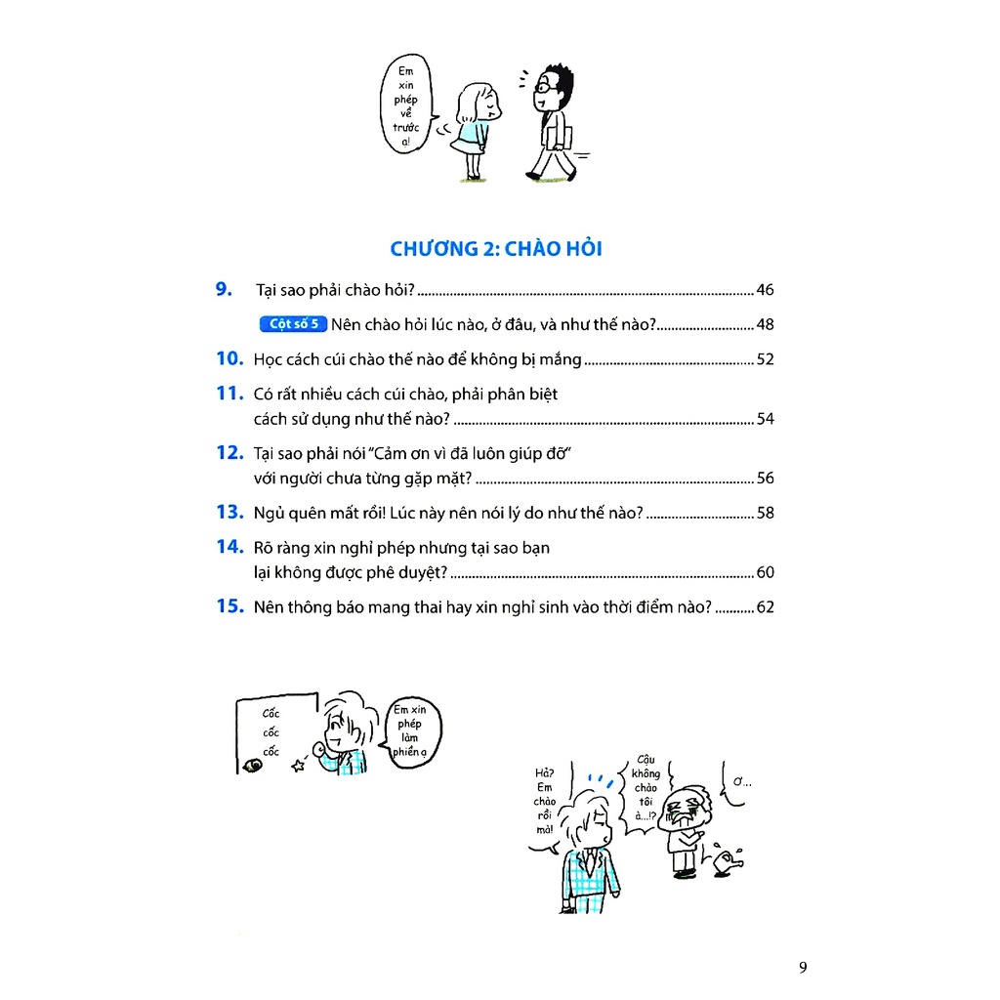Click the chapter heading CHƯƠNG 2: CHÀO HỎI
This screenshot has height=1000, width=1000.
(x=496, y=249)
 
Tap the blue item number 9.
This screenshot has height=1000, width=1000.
(x=224, y=289)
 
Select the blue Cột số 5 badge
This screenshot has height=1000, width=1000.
(x=293, y=324)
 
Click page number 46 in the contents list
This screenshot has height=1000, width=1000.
(x=765, y=290)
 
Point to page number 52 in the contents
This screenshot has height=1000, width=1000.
(x=765, y=359)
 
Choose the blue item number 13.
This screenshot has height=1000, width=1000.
(x=229, y=512)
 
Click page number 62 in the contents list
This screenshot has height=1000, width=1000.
(x=765, y=607)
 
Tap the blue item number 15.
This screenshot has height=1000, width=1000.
(x=229, y=606)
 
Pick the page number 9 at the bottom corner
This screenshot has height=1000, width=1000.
(x=803, y=968)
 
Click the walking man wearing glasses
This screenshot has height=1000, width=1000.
(x=553, y=122)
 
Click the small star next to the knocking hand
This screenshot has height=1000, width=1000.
(x=298, y=767)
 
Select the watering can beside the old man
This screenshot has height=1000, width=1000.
(x=727, y=860)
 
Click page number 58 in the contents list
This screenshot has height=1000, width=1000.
(x=765, y=513)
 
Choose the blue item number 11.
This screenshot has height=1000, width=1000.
(x=229, y=394)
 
